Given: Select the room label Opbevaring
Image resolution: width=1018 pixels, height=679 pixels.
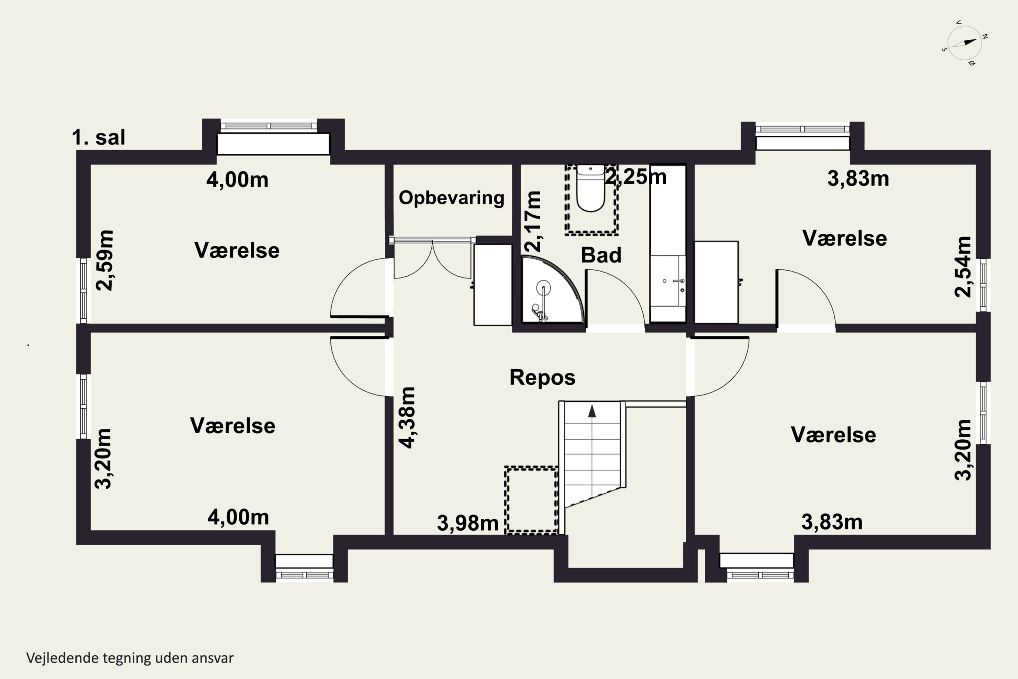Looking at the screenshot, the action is tap(451, 198).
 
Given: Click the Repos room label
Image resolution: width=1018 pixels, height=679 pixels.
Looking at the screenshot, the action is tap(542, 377).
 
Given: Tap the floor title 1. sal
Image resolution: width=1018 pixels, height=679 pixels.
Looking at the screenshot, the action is tap(98, 137).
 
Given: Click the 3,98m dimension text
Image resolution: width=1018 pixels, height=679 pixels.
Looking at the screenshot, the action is tap(468, 523).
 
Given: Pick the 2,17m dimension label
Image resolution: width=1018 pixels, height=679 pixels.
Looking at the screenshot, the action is tap(533, 221).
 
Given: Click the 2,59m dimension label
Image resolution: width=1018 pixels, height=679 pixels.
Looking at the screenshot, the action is tap(105, 260).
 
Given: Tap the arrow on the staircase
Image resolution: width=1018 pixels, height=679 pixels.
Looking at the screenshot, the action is tap(592, 410).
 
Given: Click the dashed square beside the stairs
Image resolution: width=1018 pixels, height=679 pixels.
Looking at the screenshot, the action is tap(531, 500).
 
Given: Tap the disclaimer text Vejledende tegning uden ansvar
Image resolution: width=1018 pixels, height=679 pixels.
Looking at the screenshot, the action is tap(130, 658).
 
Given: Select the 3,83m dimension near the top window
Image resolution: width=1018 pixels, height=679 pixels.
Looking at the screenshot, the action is tap(858, 179).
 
